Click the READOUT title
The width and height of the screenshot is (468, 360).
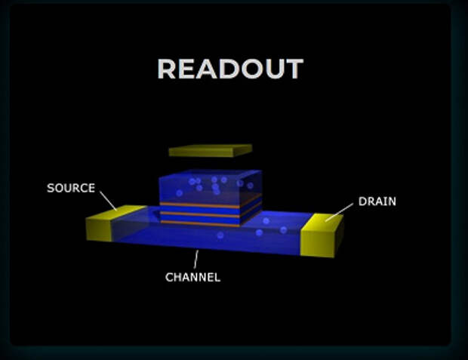click(230, 69)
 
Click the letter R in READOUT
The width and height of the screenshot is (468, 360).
click(166, 69)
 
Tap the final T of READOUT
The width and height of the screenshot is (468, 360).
click(293, 69)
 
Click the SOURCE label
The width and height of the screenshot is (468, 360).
click(71, 188)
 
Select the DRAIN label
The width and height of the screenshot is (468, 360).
click(377, 202)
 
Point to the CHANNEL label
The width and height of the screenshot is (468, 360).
click(192, 277)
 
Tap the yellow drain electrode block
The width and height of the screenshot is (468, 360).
click(322, 235)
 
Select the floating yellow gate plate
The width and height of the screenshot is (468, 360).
click(211, 151)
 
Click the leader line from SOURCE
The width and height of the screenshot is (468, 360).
click(108, 201)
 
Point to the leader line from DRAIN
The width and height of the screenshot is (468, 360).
click(340, 213)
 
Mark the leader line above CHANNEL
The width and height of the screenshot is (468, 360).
click(196, 259)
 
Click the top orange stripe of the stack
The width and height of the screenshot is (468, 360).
click(211, 204)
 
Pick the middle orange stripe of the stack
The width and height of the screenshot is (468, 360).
click(211, 213)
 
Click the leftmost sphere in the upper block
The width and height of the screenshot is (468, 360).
click(179, 193)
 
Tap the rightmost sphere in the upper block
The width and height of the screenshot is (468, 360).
click(250, 186)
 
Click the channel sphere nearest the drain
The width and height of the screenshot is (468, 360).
click(283, 230)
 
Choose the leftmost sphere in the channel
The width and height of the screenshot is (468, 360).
click(220, 235)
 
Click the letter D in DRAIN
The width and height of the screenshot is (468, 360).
click(362, 202)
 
